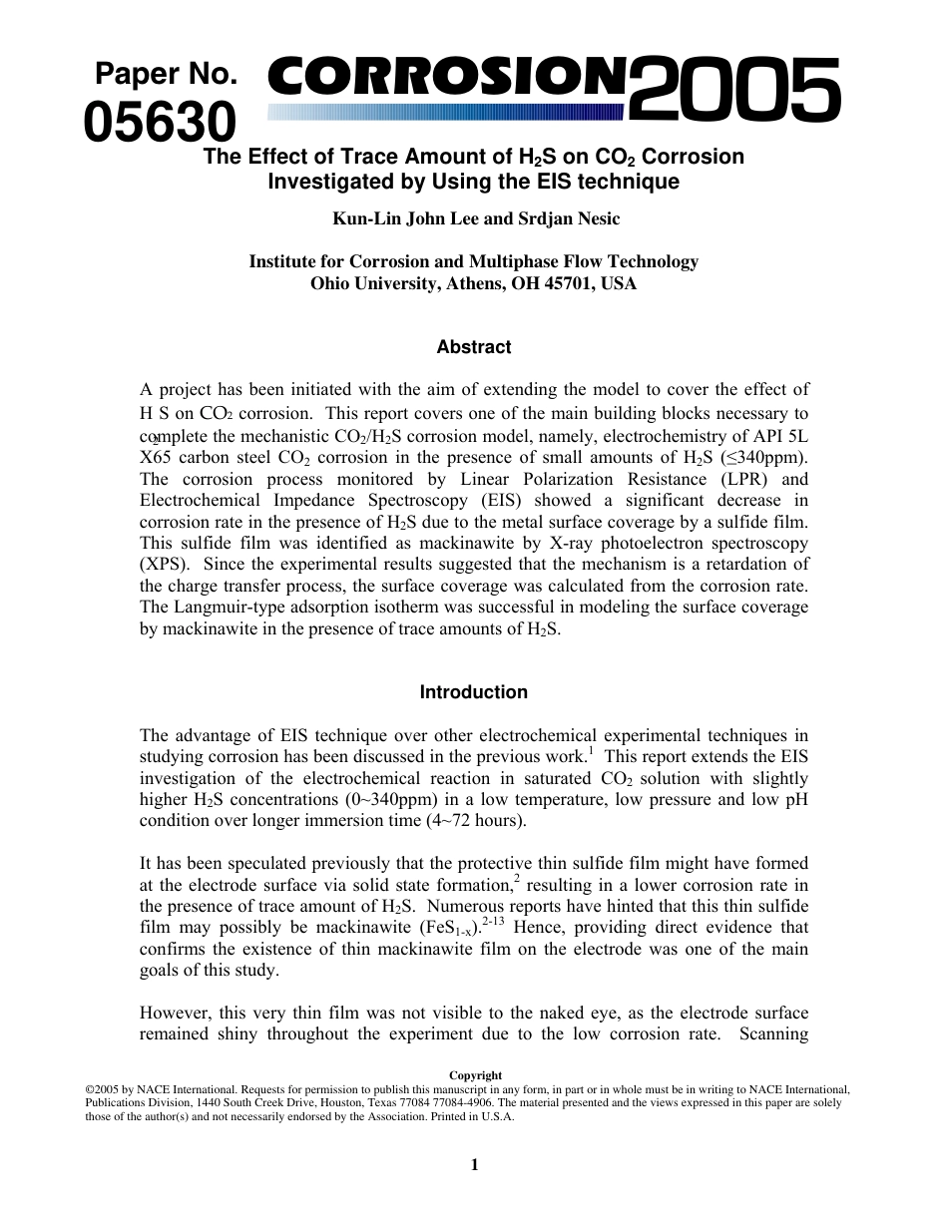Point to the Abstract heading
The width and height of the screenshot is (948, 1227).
(x=473, y=347)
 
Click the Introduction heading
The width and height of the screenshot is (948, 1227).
(x=473, y=692)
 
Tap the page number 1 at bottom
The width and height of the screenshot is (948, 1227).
(x=475, y=1164)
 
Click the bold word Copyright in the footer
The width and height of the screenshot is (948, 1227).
(x=475, y=1075)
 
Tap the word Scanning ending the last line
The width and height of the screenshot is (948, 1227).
(x=773, y=1033)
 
